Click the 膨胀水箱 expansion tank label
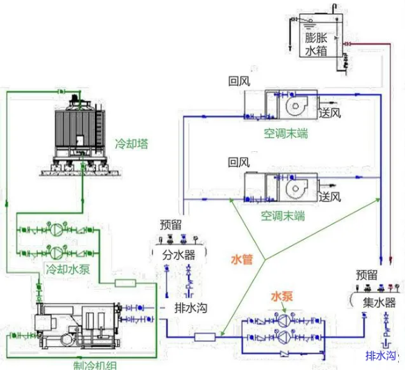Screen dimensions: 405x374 [x=316, y=44]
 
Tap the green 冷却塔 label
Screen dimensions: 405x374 [x=132, y=143]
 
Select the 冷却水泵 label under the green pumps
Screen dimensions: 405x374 [x=68, y=270]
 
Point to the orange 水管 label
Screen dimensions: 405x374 [x=241, y=260]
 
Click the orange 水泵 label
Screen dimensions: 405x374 [x=282, y=296]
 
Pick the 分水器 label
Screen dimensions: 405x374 [x=178, y=255]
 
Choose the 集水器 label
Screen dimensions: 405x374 [x=379, y=302]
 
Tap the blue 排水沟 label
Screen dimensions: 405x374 [x=381, y=356]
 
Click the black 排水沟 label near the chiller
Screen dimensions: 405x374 [x=191, y=308]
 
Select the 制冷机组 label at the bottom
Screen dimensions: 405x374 [x=95, y=366]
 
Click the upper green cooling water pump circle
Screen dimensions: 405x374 [x=56, y=229]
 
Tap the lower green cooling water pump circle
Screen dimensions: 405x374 [x=56, y=253]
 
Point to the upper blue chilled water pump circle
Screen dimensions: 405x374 [x=284, y=321]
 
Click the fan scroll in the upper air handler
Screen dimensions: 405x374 [x=296, y=106]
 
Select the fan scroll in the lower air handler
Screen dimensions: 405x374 [x=296, y=189]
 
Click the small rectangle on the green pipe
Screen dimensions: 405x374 [x=125, y=283]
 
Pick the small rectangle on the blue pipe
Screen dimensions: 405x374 [x=205, y=337]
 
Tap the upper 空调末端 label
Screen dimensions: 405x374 [x=286, y=134]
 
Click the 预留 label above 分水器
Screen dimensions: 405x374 [x=170, y=224]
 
